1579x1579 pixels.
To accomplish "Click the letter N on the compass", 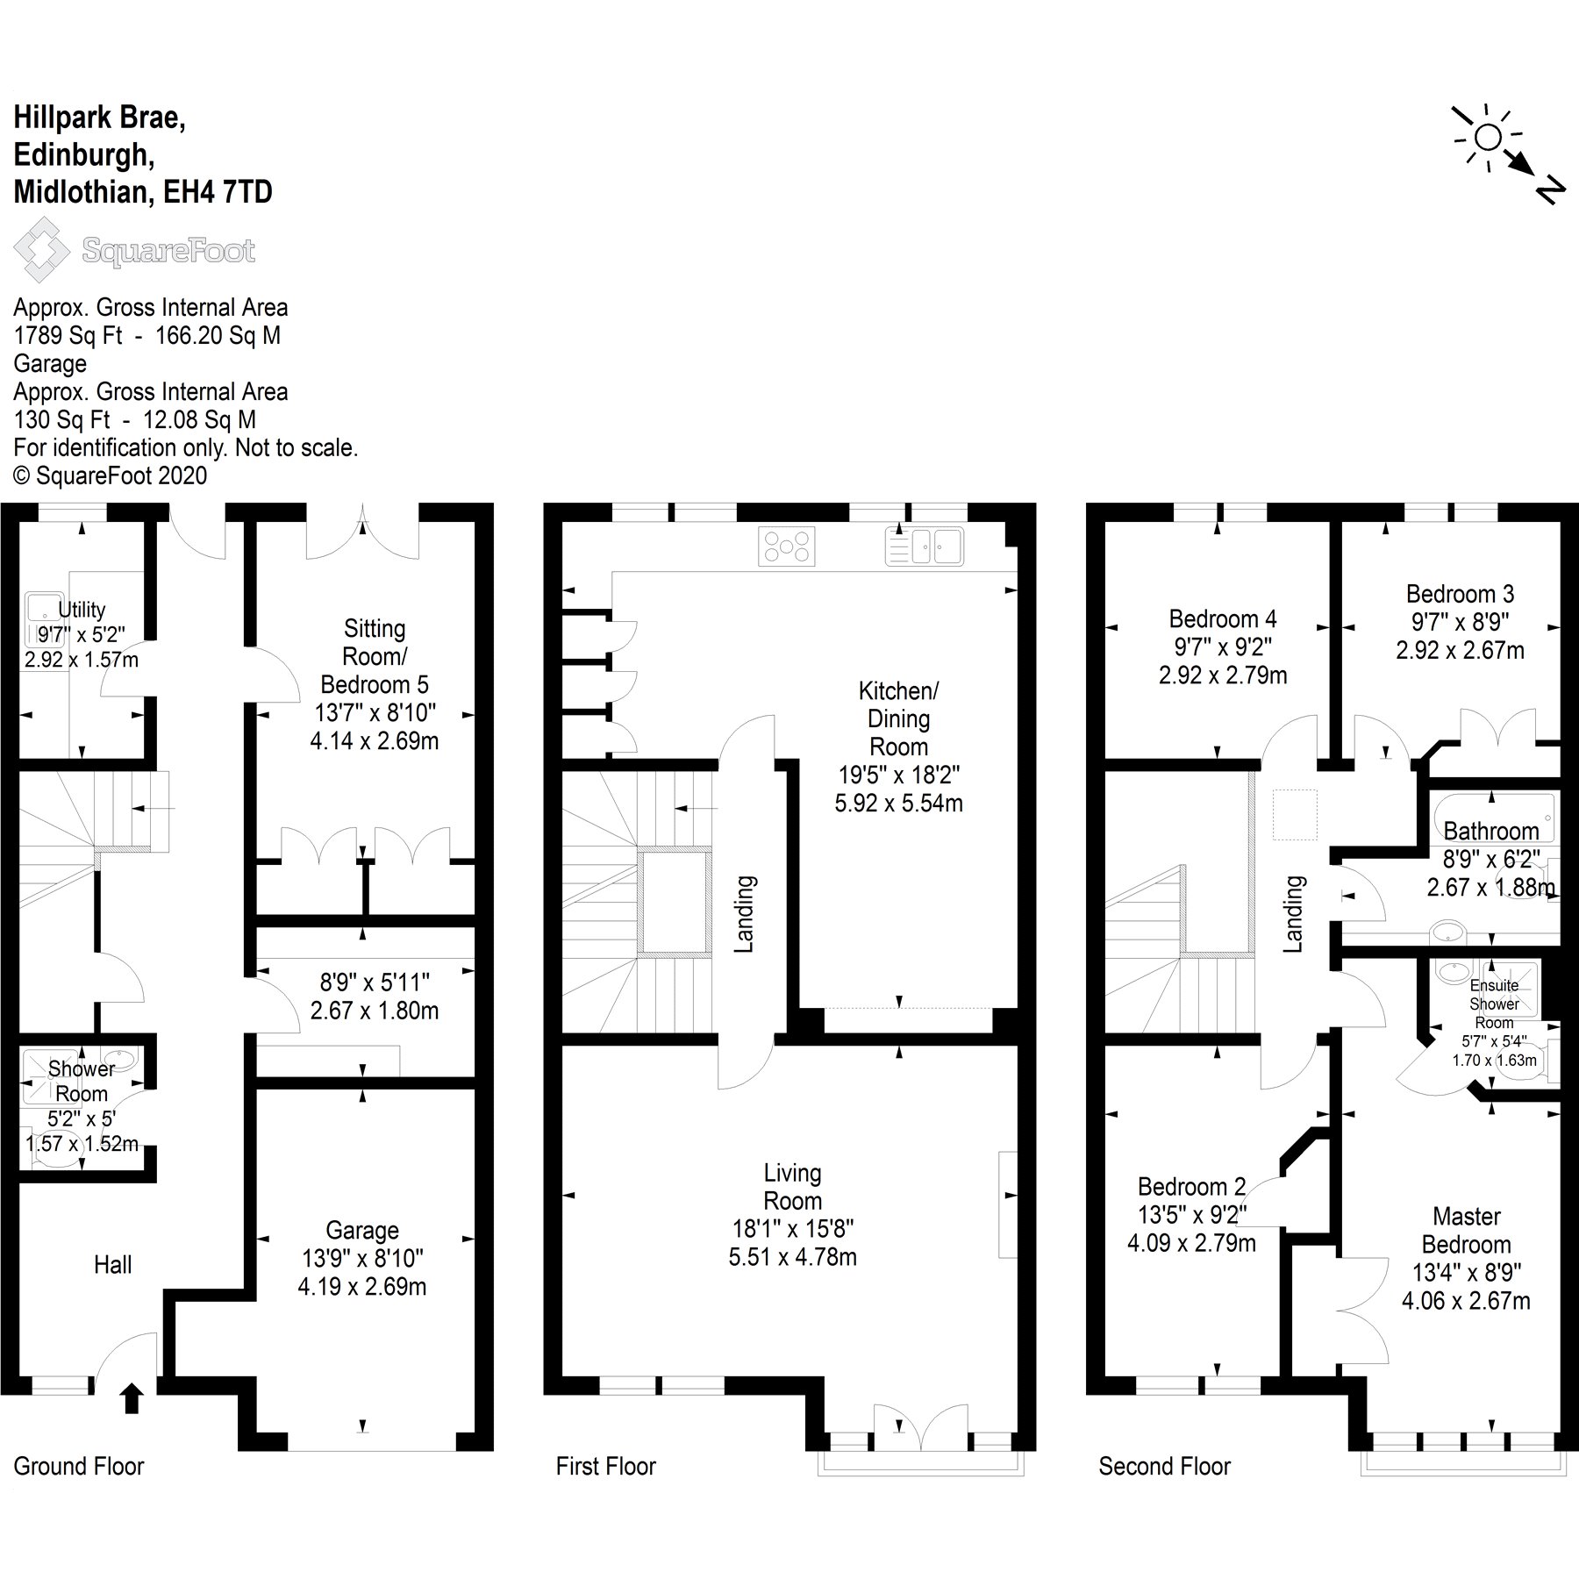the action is pyautogui.click(x=1550, y=191).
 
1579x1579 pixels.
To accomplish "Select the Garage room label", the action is pyautogui.click(x=362, y=1230).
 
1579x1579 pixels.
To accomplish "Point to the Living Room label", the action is pyautogui.click(x=792, y=1186).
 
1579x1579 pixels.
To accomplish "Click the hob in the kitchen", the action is pyautogui.click(x=786, y=545).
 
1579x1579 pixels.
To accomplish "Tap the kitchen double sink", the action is pyautogui.click(x=925, y=545).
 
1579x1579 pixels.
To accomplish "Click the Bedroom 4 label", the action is pyautogui.click(x=1222, y=618).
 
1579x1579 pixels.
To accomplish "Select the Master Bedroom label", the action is pyautogui.click(x=1466, y=1230).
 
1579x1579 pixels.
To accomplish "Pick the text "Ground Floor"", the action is pyautogui.click(x=79, y=1466).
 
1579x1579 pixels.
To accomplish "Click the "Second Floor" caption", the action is pyautogui.click(x=1164, y=1466).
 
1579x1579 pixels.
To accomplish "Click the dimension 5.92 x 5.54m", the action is pyautogui.click(x=898, y=803).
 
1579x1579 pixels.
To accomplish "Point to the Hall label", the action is pyautogui.click(x=113, y=1264).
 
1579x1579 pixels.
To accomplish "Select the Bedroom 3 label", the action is pyautogui.click(x=1460, y=594).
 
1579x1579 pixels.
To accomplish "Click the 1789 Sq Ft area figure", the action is pyautogui.click(x=68, y=335).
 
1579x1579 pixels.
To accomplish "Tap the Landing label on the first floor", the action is pyautogui.click(x=744, y=913).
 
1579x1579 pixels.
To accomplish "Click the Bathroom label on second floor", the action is pyautogui.click(x=1490, y=830).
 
